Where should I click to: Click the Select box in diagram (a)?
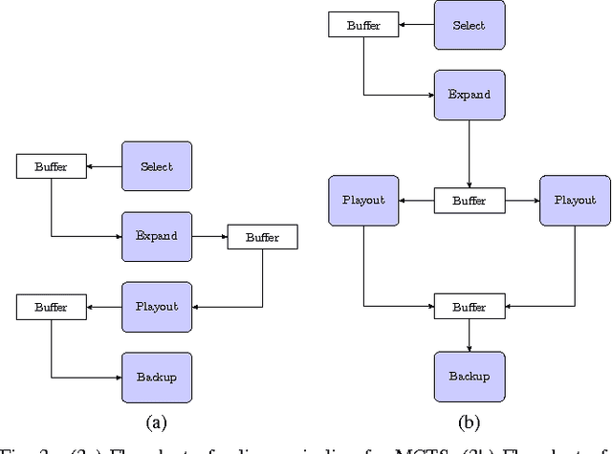coord(157,165)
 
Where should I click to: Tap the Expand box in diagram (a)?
coord(157,235)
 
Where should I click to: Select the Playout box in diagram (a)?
coord(157,306)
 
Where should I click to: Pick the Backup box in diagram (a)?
coord(157,376)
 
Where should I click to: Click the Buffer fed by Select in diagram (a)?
coord(52,165)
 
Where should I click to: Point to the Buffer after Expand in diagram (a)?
coord(262,236)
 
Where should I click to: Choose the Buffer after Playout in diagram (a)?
coord(52,307)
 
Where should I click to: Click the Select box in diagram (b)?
coord(470,25)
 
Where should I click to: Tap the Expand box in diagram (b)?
coord(470,95)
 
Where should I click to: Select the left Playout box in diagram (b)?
coord(363,201)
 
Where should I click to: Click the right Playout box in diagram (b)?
coord(575,201)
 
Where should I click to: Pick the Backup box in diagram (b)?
coord(470,377)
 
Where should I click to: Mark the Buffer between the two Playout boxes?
coord(470,201)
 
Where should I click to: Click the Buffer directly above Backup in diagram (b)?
coord(470,307)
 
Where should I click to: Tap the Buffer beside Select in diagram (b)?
coord(363,25)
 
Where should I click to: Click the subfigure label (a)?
coord(157,421)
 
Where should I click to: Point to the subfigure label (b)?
coord(470,421)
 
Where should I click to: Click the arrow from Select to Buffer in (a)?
coord(104,165)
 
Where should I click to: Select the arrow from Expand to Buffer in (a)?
coord(208,235)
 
